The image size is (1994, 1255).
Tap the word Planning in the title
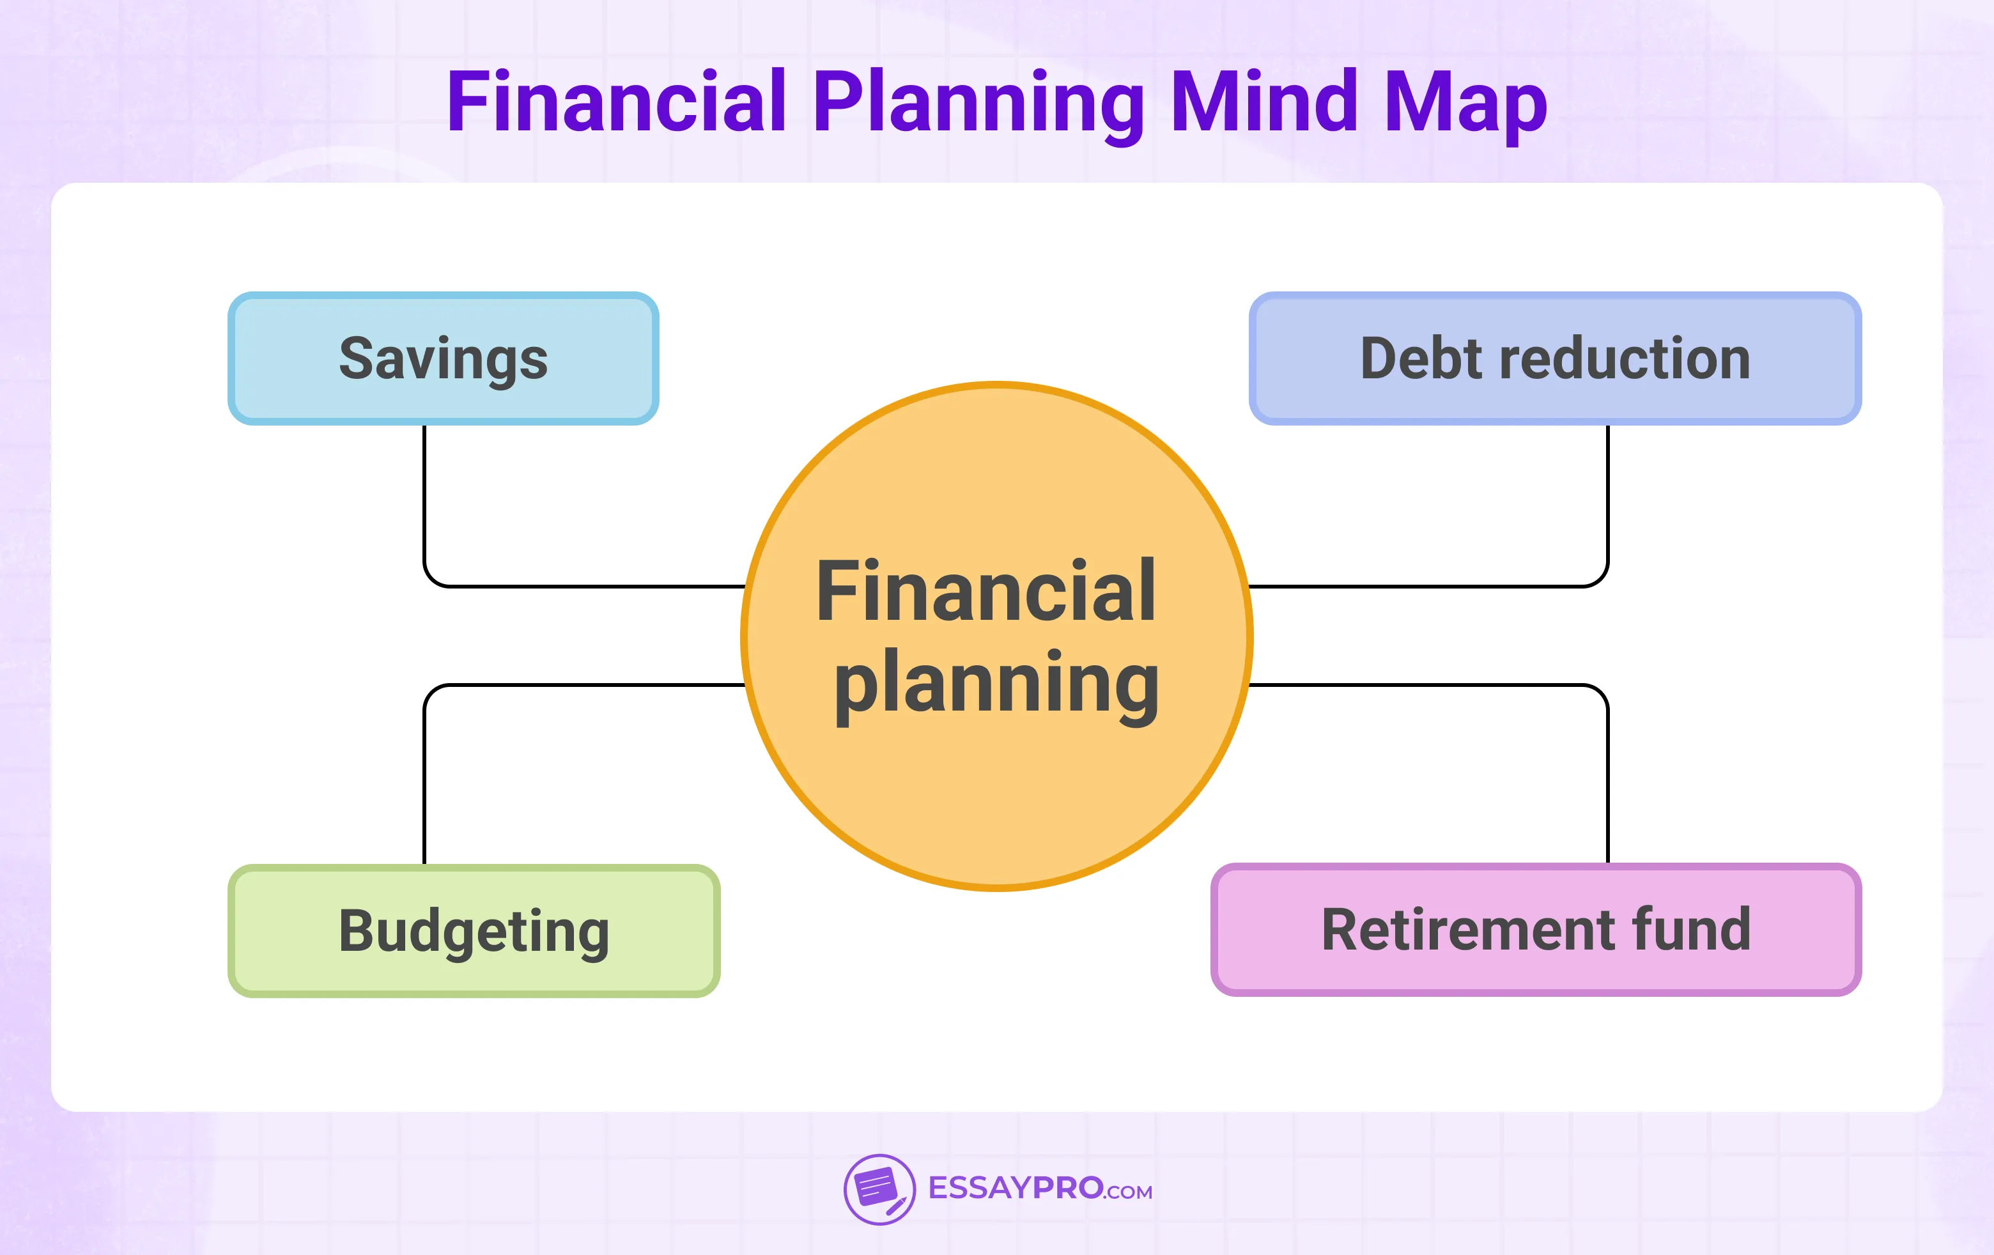click(978, 104)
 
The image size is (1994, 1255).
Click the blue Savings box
click(443, 358)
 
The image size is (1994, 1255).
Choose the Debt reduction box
click(1555, 358)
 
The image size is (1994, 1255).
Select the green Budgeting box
click(474, 930)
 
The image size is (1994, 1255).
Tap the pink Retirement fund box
click(1536, 930)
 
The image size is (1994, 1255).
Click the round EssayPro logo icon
click(879, 1190)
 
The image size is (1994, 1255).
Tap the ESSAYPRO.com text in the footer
click(1040, 1189)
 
